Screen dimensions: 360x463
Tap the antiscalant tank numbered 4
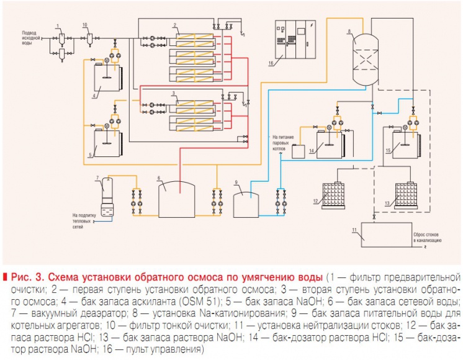106,79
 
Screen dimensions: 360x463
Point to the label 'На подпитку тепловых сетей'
86,219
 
